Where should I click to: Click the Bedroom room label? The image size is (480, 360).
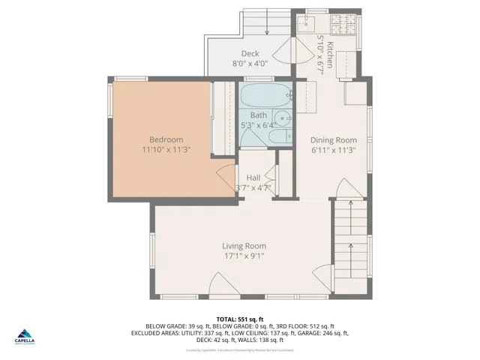[x=166, y=139]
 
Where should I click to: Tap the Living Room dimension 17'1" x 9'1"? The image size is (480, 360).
[x=244, y=256]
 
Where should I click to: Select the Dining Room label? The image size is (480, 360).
[x=333, y=139]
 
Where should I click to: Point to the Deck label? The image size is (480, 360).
[x=250, y=53]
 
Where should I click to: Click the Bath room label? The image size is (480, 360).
[x=258, y=115]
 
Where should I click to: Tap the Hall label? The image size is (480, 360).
[x=253, y=177]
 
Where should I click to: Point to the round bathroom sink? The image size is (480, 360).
[x=282, y=118]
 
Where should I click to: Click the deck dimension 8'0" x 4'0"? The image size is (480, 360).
[x=250, y=64]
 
